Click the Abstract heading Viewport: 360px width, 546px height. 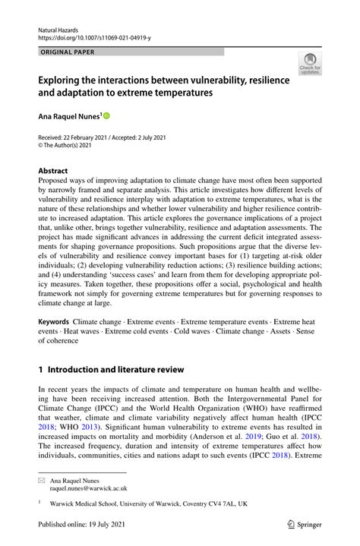tap(53, 172)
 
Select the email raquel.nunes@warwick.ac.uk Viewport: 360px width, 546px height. tap(88, 489)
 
